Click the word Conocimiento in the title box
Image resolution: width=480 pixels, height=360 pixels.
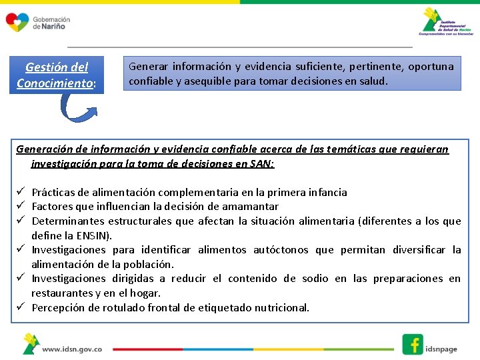tap(55, 83)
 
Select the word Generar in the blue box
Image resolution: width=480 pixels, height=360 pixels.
tap(148, 67)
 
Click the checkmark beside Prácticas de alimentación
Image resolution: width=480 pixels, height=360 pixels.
tap(21, 192)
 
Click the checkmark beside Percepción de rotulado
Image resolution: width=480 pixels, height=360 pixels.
tap(21, 307)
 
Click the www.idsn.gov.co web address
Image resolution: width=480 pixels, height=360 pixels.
tap(72, 348)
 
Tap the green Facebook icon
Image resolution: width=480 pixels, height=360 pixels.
tap(413, 344)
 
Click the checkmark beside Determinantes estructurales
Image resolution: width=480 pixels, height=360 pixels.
tap(21, 221)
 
